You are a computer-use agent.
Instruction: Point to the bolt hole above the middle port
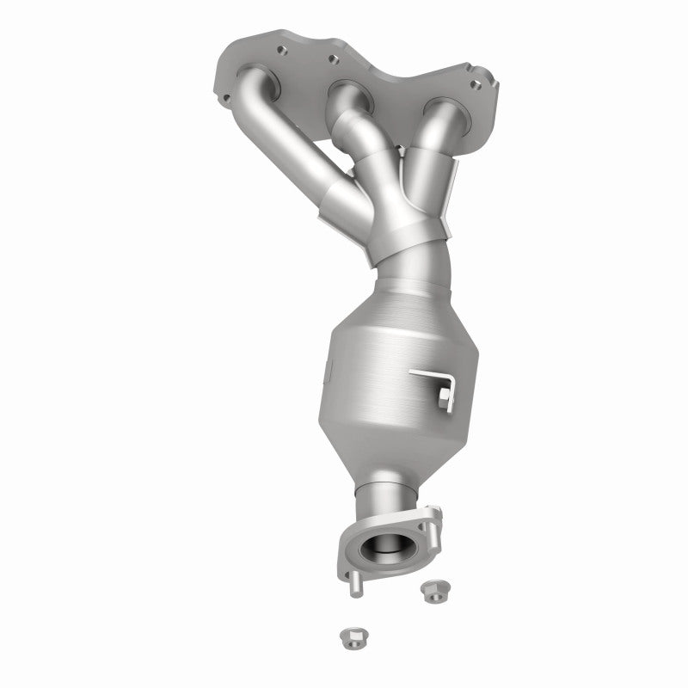[329, 60]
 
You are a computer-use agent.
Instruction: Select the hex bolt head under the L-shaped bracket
[443, 395]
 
